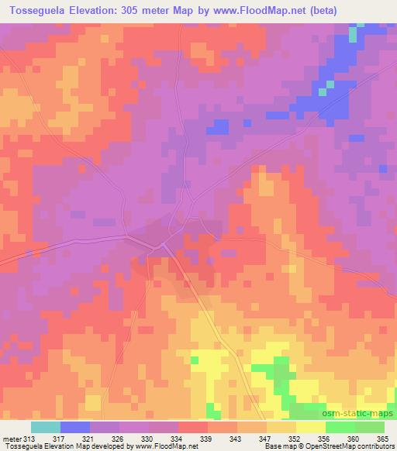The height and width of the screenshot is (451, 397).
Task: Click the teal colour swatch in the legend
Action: [x=46, y=427]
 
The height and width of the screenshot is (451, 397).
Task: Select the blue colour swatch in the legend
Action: [x=75, y=427]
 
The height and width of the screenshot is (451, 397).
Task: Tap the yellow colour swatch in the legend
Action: [x=310, y=427]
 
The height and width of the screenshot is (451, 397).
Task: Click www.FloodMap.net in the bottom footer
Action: [x=166, y=447]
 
